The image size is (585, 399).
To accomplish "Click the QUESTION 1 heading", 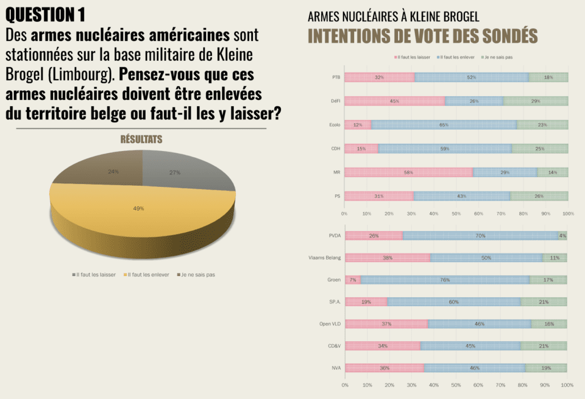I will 48,14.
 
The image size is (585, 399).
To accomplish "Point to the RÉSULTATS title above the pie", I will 141,139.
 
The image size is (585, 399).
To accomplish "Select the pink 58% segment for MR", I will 408,172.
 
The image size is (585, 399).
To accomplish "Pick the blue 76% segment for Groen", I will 445,280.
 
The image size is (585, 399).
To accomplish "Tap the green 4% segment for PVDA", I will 563,236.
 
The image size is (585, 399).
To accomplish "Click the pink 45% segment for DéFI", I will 395,101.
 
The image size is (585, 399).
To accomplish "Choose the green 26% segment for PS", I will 539,196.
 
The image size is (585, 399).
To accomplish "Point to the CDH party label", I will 336,149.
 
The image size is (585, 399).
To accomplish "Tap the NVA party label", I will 335,368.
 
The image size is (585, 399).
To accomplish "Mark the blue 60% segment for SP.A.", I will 454,302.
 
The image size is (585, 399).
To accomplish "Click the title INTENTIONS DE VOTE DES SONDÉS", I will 423,36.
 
